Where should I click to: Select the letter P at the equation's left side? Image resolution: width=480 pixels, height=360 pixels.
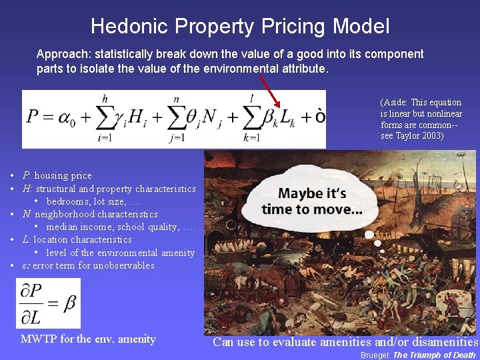(x=34, y=118)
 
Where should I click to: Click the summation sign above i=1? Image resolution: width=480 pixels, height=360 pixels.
(x=103, y=118)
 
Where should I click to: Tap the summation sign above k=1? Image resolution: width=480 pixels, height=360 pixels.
(x=251, y=118)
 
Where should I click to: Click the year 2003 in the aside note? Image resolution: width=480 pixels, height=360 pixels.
(x=430, y=136)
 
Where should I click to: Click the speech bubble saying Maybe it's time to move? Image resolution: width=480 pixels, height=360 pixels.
(x=312, y=201)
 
